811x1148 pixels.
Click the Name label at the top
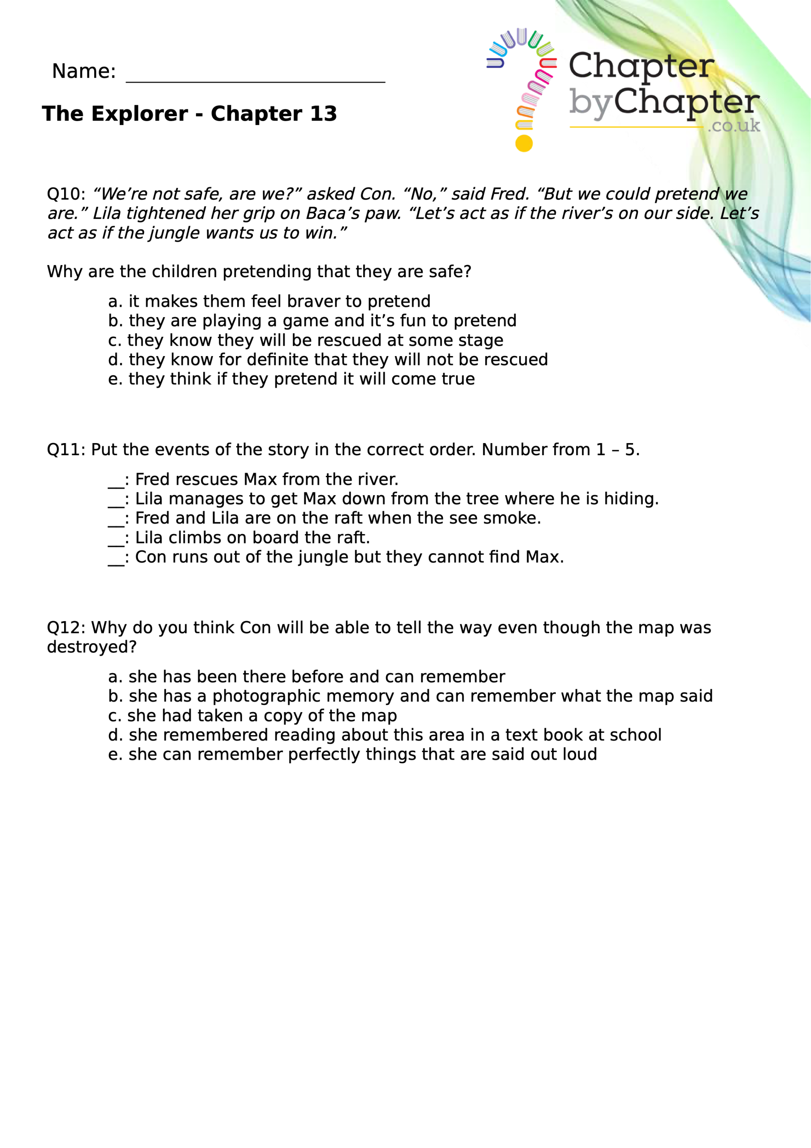[83, 71]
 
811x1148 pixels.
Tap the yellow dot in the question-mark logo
[524, 143]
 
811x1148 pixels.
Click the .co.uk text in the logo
[733, 126]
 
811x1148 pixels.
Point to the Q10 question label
[65, 194]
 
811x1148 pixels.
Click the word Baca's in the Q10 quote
[332, 213]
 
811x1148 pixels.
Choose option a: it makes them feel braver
[269, 301]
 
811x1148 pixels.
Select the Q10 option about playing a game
[312, 321]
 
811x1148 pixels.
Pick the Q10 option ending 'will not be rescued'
[328, 360]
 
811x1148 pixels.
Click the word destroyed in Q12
[91, 648]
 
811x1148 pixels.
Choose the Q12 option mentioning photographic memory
[410, 696]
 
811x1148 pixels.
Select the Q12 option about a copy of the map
[252, 716]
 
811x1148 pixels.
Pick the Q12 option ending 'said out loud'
[352, 755]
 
